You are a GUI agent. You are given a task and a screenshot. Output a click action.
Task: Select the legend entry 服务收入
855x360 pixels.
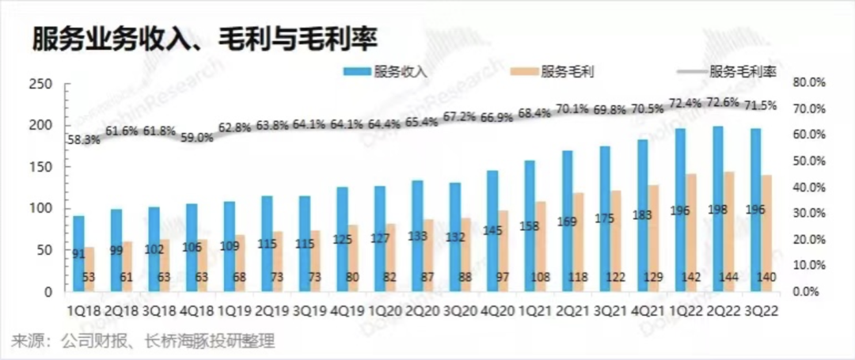[x=400, y=71]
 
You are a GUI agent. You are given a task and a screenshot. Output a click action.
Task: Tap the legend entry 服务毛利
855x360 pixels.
[x=567, y=71]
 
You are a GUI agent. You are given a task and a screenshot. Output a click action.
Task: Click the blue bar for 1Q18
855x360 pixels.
[x=78, y=253]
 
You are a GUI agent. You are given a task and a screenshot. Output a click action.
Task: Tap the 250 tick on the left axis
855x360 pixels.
[x=40, y=84]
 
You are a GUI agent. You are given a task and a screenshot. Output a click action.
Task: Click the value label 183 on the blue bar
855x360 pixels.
[x=642, y=215]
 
